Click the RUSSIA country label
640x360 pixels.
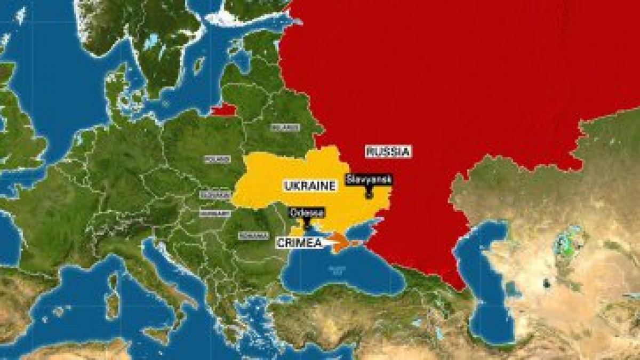[388, 151]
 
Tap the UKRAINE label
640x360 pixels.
[309, 186]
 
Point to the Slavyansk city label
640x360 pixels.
[369, 179]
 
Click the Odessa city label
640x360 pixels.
[307, 213]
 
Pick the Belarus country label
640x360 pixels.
[285, 128]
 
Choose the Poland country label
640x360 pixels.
[217, 159]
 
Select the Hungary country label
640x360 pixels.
[211, 213]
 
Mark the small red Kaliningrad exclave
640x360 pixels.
[222, 109]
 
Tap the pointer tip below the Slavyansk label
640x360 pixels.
[369, 196]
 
